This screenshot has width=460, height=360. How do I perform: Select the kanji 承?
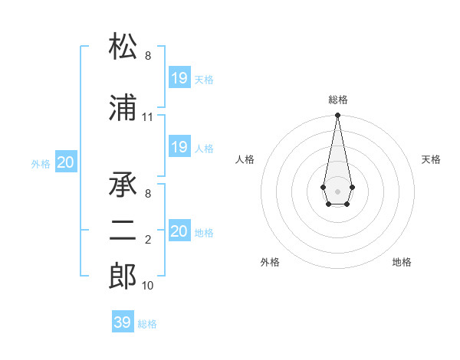coord(123,184)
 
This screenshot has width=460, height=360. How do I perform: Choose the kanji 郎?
coord(123,277)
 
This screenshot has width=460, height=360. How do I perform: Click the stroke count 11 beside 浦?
coord(148,117)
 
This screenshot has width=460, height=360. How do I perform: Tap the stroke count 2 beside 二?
coord(148,240)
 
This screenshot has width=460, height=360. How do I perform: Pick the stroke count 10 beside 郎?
coord(148,286)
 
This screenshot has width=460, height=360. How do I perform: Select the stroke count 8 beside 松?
coord(148,56)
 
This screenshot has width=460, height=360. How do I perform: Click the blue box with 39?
coord(122,322)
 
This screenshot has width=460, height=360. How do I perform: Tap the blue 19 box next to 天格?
coord(179,77)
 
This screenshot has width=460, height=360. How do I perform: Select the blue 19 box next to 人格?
coord(179,147)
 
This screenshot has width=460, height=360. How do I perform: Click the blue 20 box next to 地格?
coord(179,231)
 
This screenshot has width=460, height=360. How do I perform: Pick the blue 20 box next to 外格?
coord(66,162)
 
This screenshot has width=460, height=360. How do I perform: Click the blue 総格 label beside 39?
coord(147,324)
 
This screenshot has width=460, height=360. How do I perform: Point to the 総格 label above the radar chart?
coord(337,100)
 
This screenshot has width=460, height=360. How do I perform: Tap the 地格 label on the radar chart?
coord(402,262)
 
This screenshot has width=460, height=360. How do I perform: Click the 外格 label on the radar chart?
coord(270,262)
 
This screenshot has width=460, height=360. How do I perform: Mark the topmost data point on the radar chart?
coord(337,116)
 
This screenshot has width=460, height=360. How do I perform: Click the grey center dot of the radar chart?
coord(337,190)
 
